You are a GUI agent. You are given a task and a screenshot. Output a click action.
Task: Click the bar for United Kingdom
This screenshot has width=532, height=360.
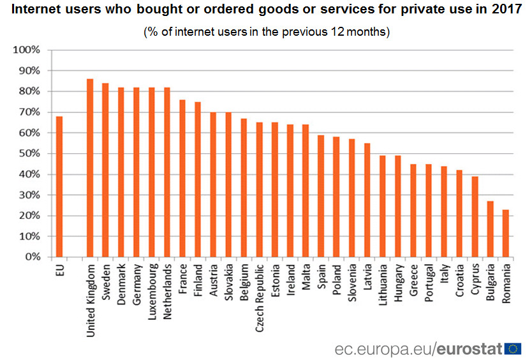coord(90,168)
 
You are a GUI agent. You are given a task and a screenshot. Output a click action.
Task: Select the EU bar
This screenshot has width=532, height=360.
coord(59,186)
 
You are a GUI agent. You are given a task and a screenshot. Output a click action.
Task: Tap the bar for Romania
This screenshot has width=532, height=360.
coord(506,233)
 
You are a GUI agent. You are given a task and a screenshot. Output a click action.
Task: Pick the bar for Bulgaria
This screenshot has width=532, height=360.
coord(491,229)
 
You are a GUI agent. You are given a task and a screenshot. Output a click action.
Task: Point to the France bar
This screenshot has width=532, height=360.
coord(182,178)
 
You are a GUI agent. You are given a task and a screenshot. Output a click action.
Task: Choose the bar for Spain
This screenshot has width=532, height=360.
coord(321,196)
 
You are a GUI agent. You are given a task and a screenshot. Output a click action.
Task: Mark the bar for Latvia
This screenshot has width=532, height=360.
coord(367,200)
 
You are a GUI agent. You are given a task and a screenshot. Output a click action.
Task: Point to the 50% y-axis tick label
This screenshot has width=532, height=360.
coord(29,154)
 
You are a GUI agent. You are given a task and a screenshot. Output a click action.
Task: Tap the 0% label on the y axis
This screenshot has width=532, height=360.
coord(31,257)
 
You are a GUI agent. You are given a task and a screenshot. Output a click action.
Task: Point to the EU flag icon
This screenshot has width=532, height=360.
coord(513,348)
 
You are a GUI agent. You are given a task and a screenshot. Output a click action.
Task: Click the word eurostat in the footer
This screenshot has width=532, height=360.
coord(469,349)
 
